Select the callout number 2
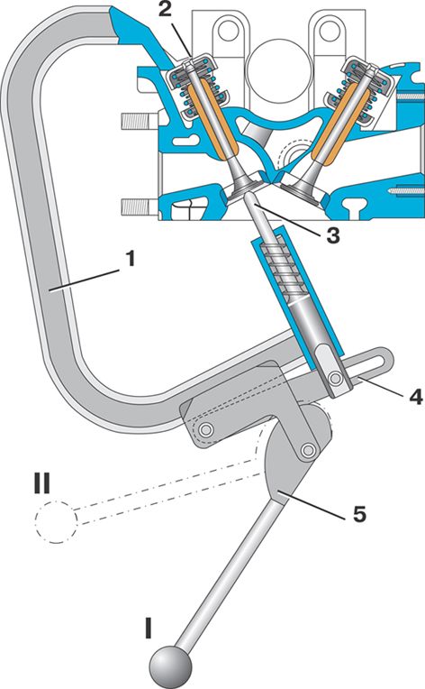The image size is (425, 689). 165,10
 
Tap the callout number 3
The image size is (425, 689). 332,235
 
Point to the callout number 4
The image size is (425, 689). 415,396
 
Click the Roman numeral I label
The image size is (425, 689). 149,628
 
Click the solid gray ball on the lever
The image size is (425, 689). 171,666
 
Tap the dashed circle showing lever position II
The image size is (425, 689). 56,522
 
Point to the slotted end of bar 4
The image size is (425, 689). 373,359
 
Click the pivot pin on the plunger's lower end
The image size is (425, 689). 337,378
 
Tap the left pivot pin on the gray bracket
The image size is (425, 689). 204,428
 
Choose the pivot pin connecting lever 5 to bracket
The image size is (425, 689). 309,450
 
